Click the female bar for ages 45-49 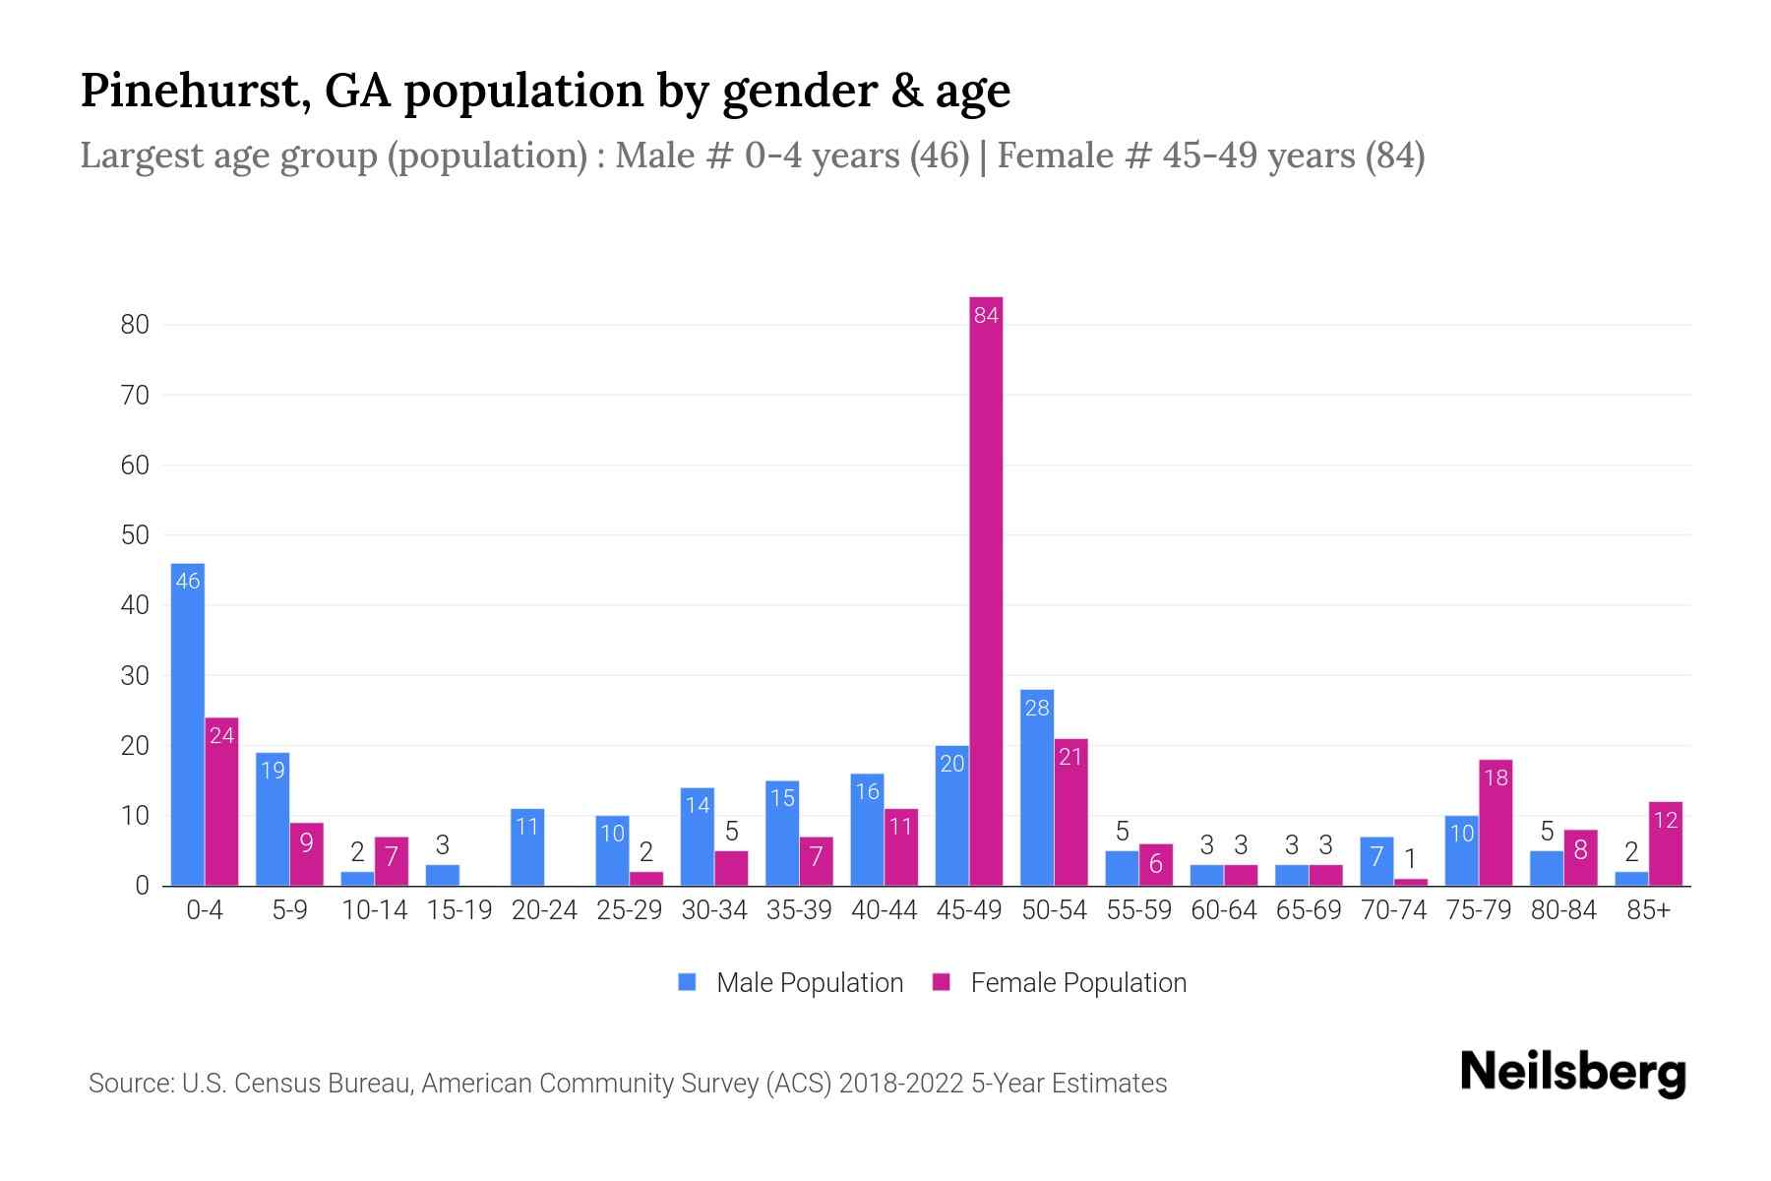[x=986, y=590]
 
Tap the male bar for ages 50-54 [x=1037, y=787]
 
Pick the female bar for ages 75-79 [x=1495, y=823]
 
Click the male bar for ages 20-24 [x=527, y=847]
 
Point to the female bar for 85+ [x=1665, y=844]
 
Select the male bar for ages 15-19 [x=443, y=875]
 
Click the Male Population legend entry [x=791, y=983]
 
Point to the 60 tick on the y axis [x=135, y=466]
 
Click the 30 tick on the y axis [x=135, y=676]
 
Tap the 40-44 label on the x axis [x=884, y=910]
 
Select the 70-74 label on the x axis [x=1393, y=910]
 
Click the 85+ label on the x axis [x=1648, y=910]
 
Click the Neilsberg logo [x=1572, y=1072]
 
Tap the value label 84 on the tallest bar [x=986, y=315]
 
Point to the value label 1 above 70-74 [x=1410, y=858]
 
